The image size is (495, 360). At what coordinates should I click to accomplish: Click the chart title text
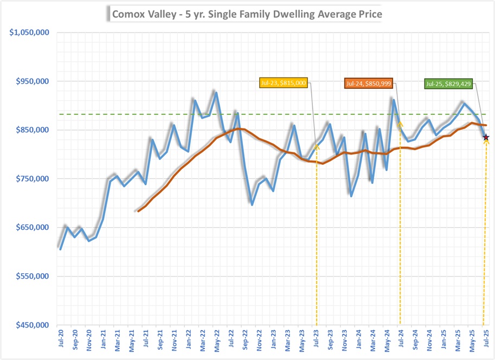click(247, 14)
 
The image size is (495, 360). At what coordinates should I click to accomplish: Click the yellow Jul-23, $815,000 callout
click(283, 83)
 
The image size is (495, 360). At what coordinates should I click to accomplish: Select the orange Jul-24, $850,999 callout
click(368, 83)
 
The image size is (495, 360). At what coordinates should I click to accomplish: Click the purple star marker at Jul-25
click(486, 138)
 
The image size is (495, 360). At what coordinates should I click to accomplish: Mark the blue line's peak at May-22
click(216, 92)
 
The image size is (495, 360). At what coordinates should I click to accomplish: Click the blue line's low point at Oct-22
click(252, 204)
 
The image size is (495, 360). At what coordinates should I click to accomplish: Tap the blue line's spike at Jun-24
click(394, 99)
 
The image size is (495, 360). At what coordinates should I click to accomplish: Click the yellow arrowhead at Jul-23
click(317, 146)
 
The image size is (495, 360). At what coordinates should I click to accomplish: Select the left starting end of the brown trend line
click(138, 210)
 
